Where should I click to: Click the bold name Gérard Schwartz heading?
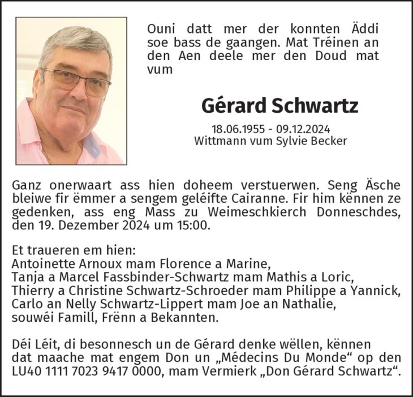pyautogui.click(x=279, y=105)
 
